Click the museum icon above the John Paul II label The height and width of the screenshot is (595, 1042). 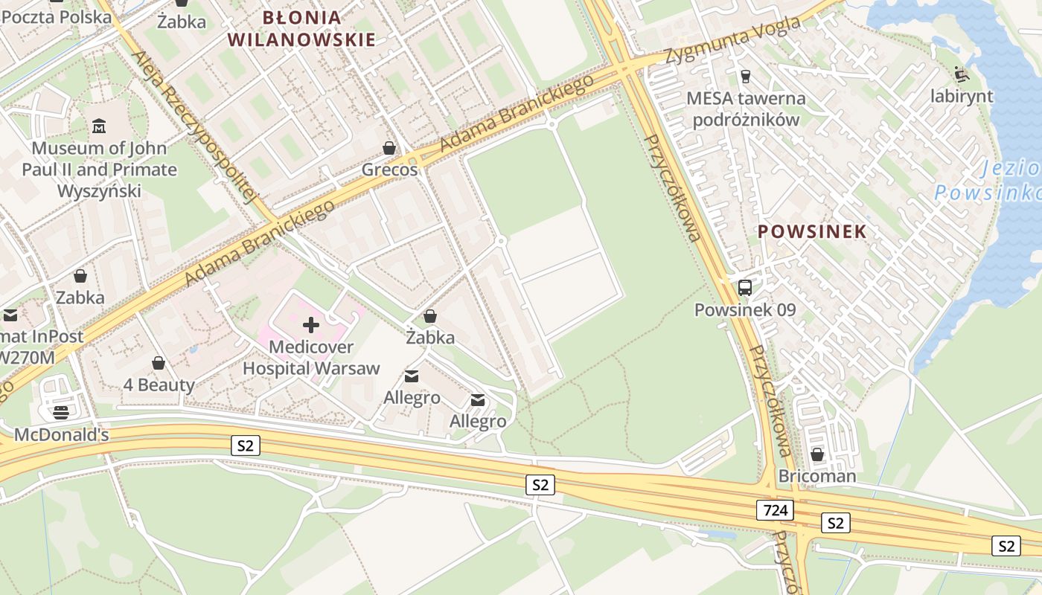[x=99, y=126]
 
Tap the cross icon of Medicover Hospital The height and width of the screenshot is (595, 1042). [x=311, y=324]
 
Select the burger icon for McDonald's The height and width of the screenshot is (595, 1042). [x=61, y=412]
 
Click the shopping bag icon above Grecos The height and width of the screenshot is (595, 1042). [x=389, y=148]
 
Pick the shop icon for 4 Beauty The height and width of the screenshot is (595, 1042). [x=159, y=363]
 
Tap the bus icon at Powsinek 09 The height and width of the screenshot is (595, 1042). [x=745, y=288]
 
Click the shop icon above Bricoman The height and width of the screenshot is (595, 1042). [x=817, y=454]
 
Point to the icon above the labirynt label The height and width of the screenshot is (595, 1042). [x=962, y=74]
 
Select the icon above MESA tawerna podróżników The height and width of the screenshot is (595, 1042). [x=744, y=76]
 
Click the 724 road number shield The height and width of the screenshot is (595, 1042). [x=775, y=510]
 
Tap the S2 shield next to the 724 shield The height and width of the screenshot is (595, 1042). [x=836, y=523]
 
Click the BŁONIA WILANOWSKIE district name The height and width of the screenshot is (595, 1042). [x=302, y=28]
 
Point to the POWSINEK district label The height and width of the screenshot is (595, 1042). [x=812, y=231]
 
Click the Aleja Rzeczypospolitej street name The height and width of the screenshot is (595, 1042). [x=194, y=126]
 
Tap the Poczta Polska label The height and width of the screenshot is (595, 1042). [x=57, y=16]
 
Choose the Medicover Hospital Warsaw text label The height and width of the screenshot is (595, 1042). [x=311, y=358]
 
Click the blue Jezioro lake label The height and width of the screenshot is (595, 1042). [x=987, y=181]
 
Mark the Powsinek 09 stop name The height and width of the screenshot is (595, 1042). [x=745, y=310]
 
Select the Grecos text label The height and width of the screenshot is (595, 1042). [x=390, y=170]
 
